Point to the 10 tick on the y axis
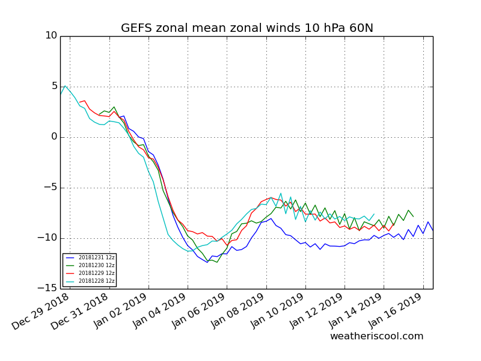[x=51, y=36]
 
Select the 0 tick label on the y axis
[x=54, y=137]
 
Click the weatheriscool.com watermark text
[x=376, y=336]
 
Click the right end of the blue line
[x=432, y=230]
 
